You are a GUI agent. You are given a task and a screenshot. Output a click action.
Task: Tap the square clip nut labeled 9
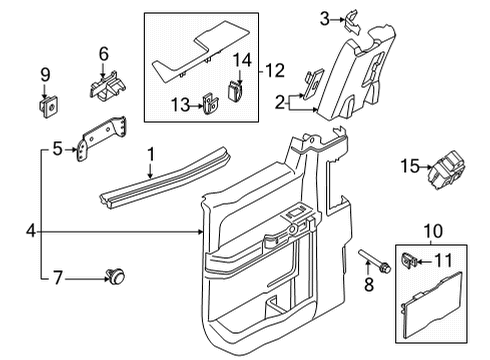[45, 103]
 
